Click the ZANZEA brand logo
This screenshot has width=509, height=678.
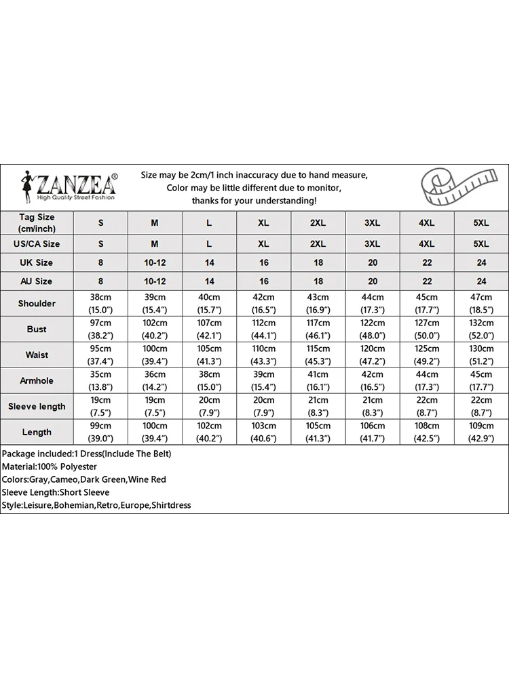pyautogui.click(x=68, y=185)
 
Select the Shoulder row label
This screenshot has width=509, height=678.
pyautogui.click(x=37, y=304)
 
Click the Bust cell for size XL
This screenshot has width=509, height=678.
pyautogui.click(x=263, y=330)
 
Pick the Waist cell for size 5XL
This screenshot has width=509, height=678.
pyautogui.click(x=481, y=355)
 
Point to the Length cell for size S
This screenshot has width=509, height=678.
pyautogui.click(x=100, y=432)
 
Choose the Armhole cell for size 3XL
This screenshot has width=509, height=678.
pyautogui.click(x=373, y=380)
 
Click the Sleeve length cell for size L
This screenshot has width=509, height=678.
pyautogui.click(x=209, y=406)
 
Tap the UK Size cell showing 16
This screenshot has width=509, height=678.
pyautogui.click(x=263, y=262)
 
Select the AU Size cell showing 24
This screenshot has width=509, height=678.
pyautogui.click(x=481, y=281)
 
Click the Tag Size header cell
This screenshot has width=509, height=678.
pyautogui.click(x=37, y=222)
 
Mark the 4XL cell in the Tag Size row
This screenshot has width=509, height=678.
pyautogui.click(x=427, y=223)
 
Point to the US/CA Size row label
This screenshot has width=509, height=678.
pyautogui.click(x=37, y=244)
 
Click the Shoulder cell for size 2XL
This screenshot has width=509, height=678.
pyautogui.click(x=318, y=304)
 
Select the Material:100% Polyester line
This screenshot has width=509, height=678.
pyautogui.click(x=49, y=466)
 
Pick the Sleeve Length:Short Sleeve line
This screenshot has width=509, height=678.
pyautogui.click(x=56, y=492)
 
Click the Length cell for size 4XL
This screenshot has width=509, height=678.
pyautogui.click(x=427, y=432)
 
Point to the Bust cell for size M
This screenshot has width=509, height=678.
pyautogui.click(x=155, y=330)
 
